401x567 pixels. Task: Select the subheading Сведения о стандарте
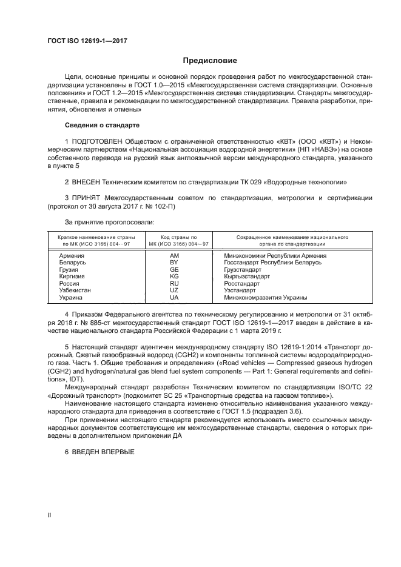[x=102, y=125]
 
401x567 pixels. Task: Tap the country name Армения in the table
[x=72, y=256]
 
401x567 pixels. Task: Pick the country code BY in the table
[x=174, y=263]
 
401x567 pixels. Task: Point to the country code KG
[x=174, y=277]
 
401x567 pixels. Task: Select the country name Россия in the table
[x=69, y=284]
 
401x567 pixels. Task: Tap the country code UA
[x=174, y=298]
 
